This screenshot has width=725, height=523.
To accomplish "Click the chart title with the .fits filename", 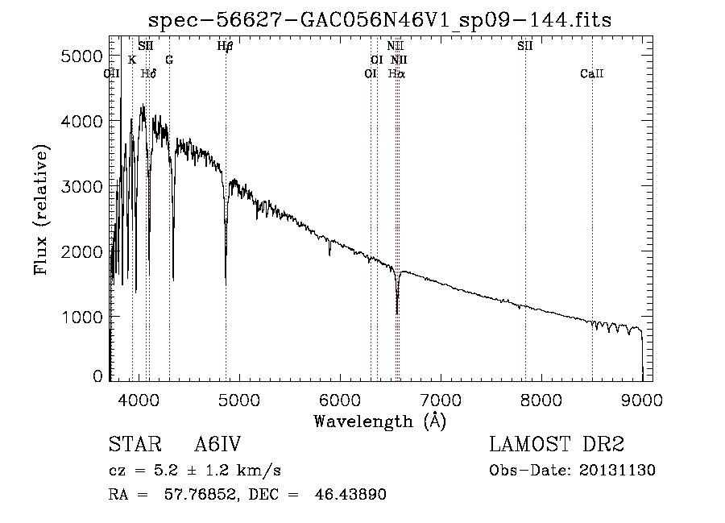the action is [x=379, y=19].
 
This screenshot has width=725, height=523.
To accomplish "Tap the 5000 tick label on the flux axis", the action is [x=81, y=56].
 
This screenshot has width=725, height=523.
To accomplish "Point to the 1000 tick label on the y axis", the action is [x=81, y=318].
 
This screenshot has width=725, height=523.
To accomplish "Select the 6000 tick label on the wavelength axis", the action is [x=340, y=400].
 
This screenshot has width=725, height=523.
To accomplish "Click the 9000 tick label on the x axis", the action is [x=641, y=400].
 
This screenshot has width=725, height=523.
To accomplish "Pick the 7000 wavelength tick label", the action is [x=441, y=400].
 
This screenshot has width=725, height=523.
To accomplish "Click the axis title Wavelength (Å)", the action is [x=380, y=421].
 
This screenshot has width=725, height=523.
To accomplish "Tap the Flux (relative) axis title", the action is [x=41, y=210].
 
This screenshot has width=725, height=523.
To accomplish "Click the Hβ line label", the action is [x=226, y=46].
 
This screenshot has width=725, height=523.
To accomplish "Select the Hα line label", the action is [x=396, y=73].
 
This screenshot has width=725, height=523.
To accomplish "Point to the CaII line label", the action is [x=592, y=73].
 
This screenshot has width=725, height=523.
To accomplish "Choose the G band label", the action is [x=169, y=60].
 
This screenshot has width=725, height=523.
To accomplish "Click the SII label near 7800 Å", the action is [x=524, y=46].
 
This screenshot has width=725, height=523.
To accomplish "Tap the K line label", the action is [x=132, y=60].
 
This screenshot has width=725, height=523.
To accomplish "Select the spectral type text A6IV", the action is [x=217, y=444].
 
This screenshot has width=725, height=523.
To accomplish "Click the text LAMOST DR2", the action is [x=557, y=444].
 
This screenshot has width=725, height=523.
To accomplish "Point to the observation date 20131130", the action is [x=617, y=471].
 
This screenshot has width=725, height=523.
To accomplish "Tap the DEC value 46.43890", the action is [x=350, y=494].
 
